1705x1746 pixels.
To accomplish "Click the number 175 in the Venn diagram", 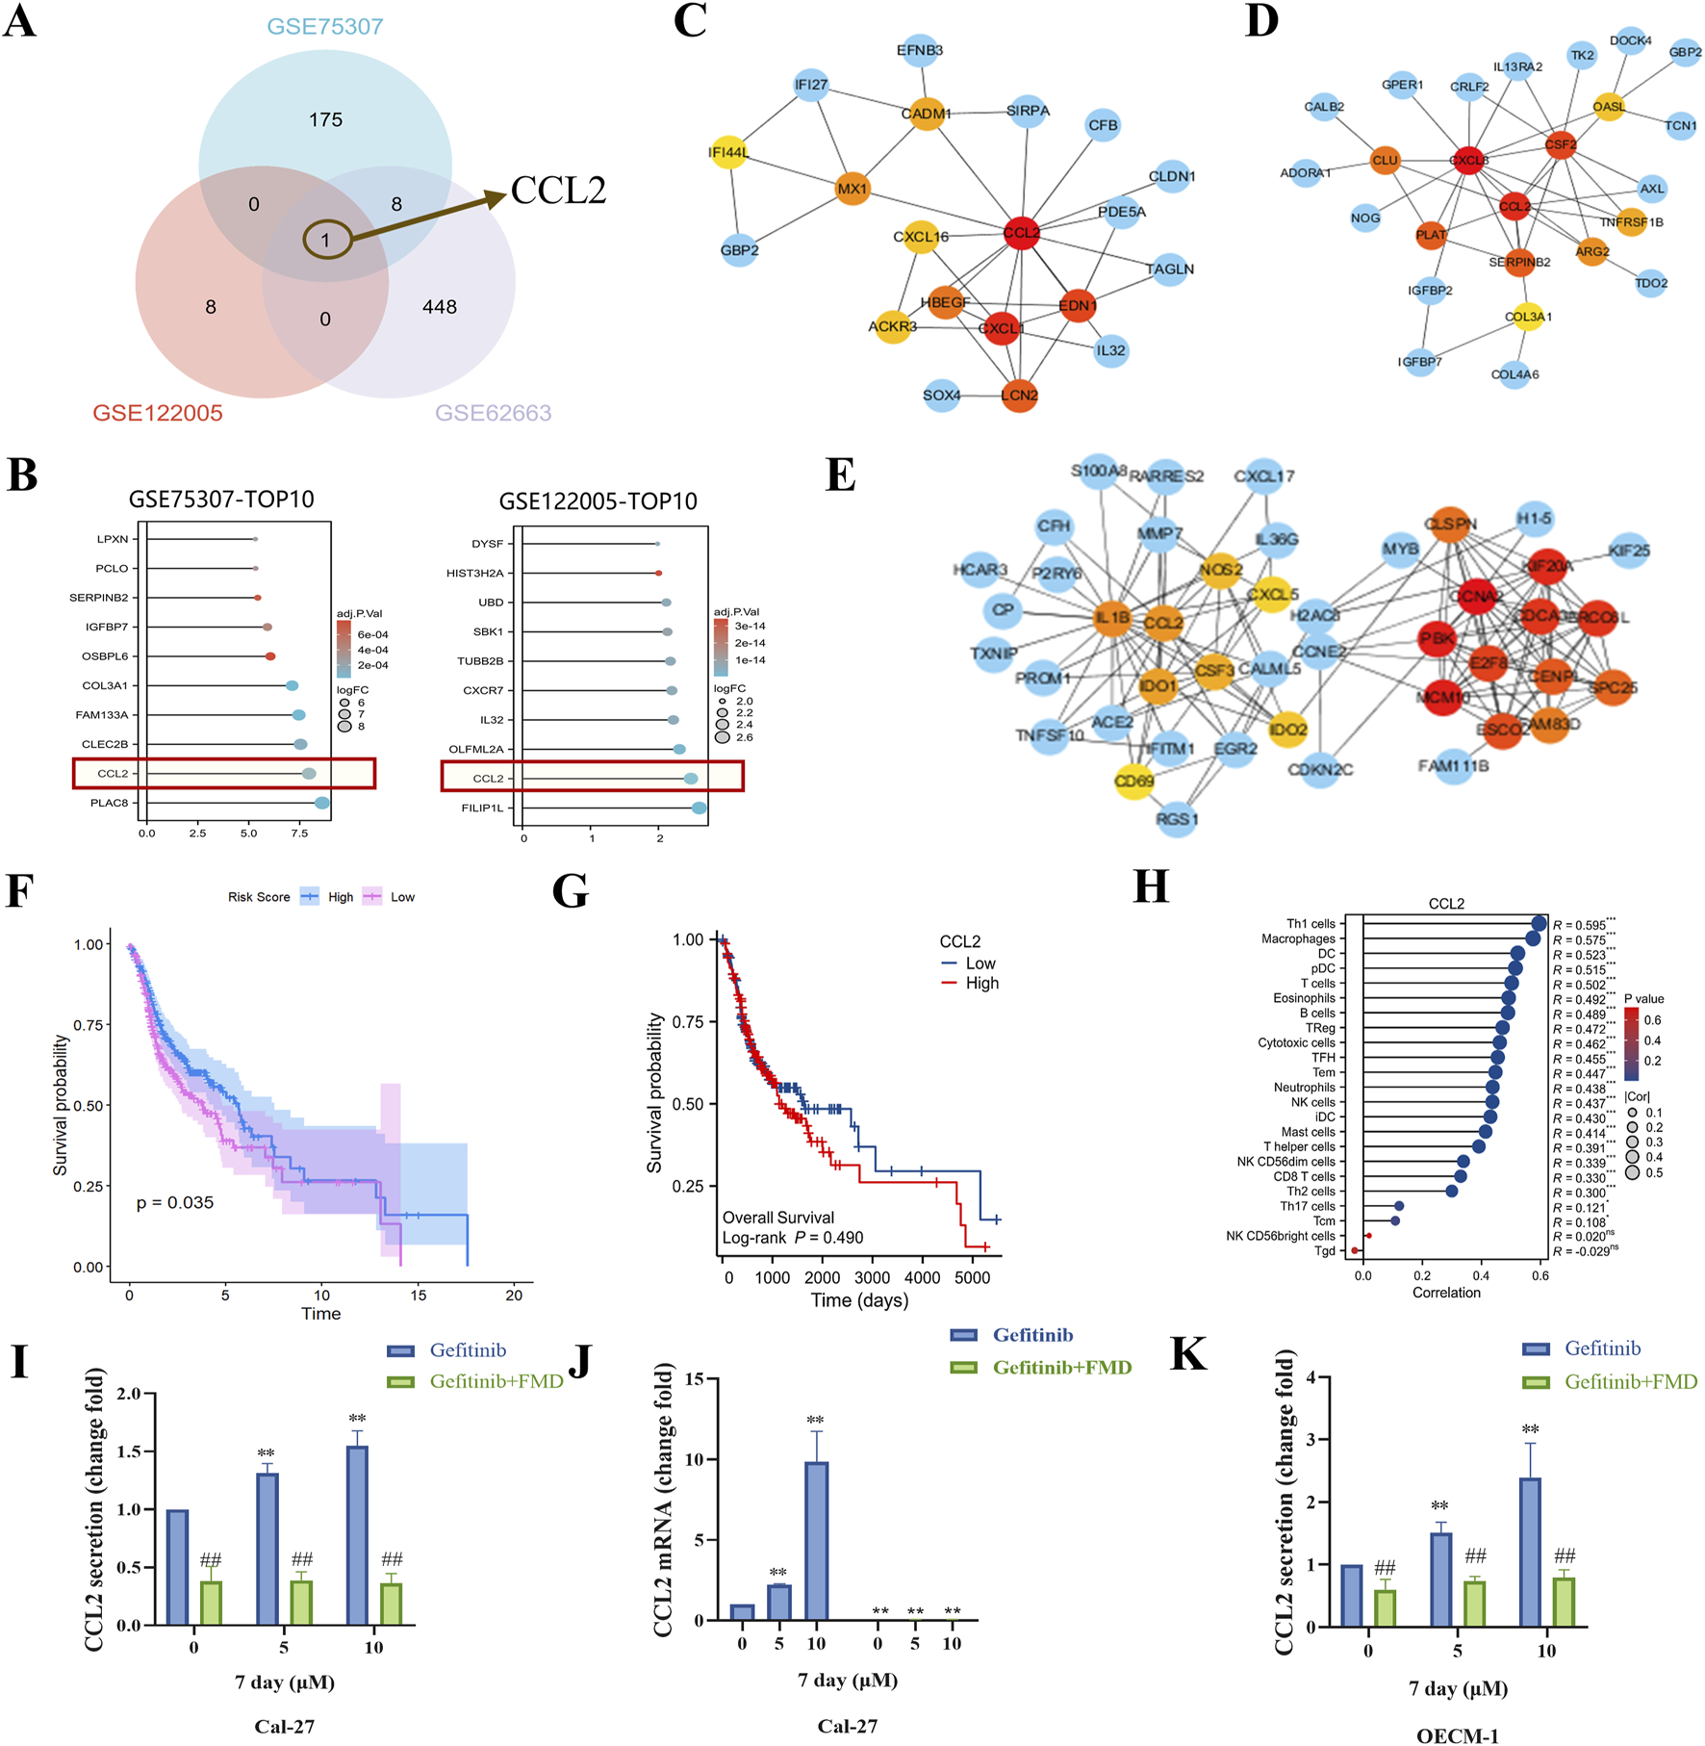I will click(x=325, y=120).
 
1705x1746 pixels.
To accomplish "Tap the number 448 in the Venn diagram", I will click(x=439, y=307).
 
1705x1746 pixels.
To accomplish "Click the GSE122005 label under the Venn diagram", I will click(x=158, y=413).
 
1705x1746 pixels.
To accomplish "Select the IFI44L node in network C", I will click(x=728, y=152).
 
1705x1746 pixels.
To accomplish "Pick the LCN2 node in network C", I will click(x=1019, y=395).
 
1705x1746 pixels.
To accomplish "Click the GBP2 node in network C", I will click(x=739, y=250).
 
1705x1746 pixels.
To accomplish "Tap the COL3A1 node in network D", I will click(x=1527, y=316).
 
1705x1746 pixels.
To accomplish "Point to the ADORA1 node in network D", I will click(x=1306, y=173).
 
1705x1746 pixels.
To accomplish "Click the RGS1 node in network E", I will click(x=1177, y=819).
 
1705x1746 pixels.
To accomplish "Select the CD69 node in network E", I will click(x=1133, y=781).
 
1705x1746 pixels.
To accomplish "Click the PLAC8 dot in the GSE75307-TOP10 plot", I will click(x=321, y=803).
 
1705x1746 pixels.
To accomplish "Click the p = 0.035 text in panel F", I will click(x=175, y=1202).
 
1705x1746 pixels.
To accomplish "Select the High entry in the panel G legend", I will click(x=981, y=983).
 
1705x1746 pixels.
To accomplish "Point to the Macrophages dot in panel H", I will click(x=1533, y=938).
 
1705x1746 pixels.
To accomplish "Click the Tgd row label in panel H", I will click(x=1325, y=1250).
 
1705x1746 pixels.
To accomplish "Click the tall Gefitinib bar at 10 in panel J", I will click(x=816, y=1541).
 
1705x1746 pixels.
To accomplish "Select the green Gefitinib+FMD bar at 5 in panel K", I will click(x=1474, y=1604).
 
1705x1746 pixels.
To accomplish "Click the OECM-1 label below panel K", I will click(x=1457, y=1735).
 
